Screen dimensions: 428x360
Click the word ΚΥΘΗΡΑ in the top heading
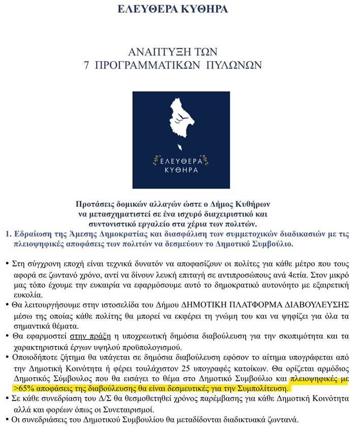point(202,9)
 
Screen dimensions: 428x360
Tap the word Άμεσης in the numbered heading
point(105,234)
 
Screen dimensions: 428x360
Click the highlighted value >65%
point(27,388)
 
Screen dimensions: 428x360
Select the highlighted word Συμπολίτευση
point(261,388)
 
